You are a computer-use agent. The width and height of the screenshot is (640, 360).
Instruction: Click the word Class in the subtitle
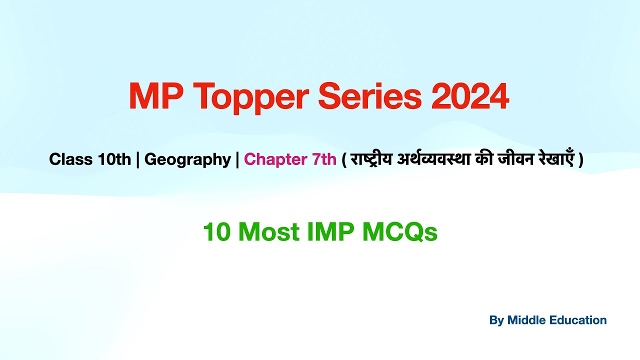click(71, 159)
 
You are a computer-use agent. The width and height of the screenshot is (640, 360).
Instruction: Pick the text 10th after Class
click(114, 159)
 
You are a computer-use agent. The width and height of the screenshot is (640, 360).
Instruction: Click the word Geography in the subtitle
click(187, 159)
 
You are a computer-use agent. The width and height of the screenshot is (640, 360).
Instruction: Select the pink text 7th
click(324, 159)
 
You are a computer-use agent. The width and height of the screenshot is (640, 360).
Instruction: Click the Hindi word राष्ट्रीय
click(371, 160)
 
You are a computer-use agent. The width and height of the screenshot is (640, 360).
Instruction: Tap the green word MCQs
click(400, 232)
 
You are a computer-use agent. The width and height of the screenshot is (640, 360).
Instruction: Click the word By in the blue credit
click(496, 320)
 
